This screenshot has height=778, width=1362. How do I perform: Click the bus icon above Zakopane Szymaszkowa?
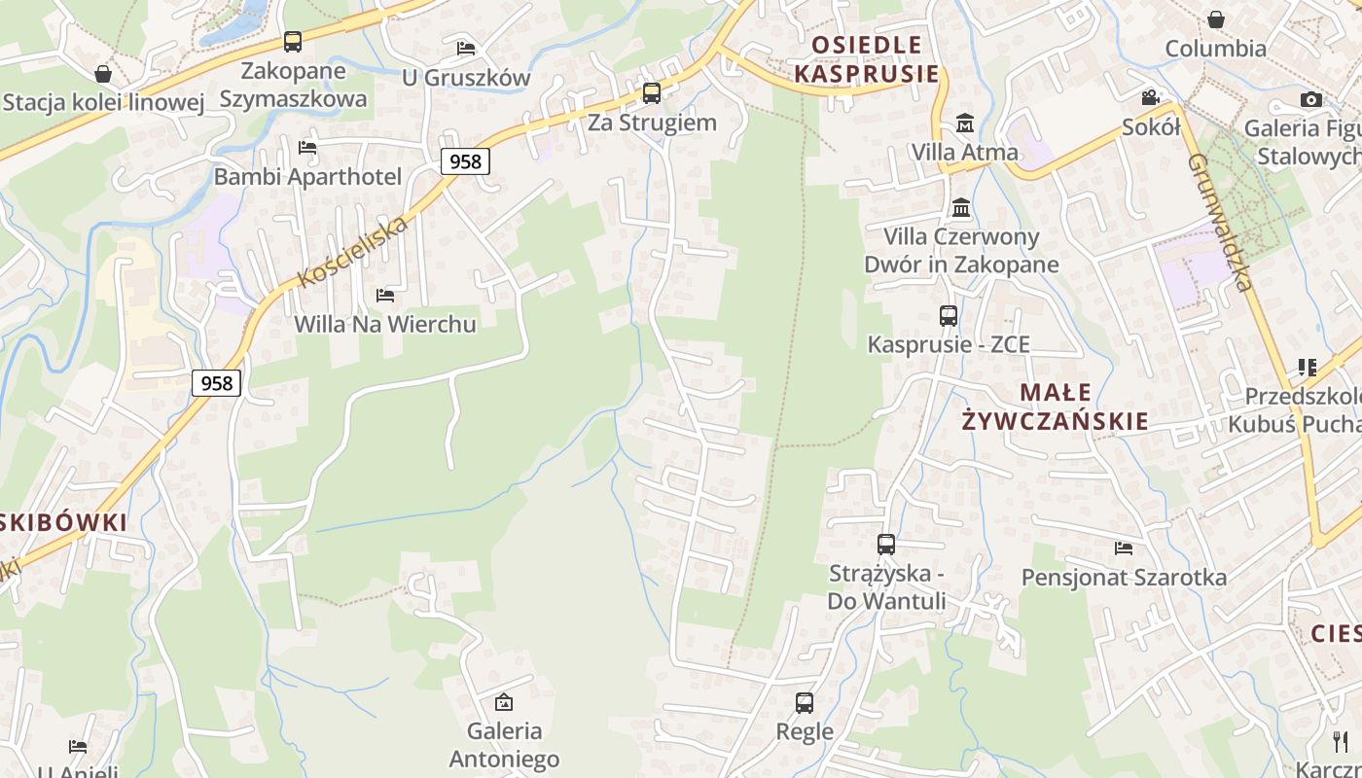tap(292, 42)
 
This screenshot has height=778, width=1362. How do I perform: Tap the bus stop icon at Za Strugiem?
tap(652, 93)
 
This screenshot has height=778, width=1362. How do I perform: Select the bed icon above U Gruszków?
tap(466, 48)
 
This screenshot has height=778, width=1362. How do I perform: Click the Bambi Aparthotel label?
tap(307, 177)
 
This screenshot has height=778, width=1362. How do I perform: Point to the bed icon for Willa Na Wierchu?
tap(385, 295)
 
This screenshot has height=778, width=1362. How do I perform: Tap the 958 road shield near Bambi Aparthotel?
tap(465, 161)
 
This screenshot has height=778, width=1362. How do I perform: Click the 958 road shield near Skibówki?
tap(216, 383)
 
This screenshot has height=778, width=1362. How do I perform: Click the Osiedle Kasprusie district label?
tap(867, 59)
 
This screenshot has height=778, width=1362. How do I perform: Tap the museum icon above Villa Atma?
tap(965, 123)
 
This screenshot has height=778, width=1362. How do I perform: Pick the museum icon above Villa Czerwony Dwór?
tap(962, 207)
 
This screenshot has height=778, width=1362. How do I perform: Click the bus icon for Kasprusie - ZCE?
tap(949, 315)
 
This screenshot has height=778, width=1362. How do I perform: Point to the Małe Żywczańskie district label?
tap(1056, 407)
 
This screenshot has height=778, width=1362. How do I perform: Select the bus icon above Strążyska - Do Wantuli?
tap(886, 545)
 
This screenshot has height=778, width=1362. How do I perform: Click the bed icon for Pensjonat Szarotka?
tap(1124, 548)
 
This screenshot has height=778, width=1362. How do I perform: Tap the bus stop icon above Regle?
tap(805, 702)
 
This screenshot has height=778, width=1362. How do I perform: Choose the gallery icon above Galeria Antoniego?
tap(504, 701)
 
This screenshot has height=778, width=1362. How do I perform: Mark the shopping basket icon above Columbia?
tap(1216, 19)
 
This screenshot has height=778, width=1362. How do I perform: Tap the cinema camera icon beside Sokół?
tap(1151, 97)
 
